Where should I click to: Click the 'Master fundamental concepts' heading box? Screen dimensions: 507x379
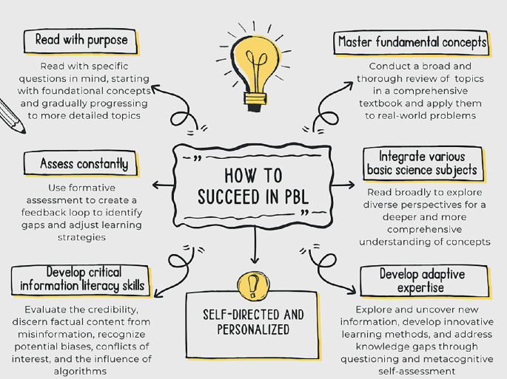pyautogui.click(x=412, y=43)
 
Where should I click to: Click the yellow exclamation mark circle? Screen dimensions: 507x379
pyautogui.click(x=253, y=283)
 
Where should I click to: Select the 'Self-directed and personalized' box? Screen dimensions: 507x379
pyautogui.click(x=254, y=322)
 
